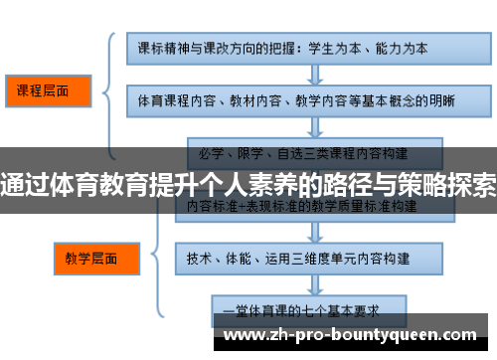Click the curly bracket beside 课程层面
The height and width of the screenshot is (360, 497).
pyautogui.click(x=112, y=94)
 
